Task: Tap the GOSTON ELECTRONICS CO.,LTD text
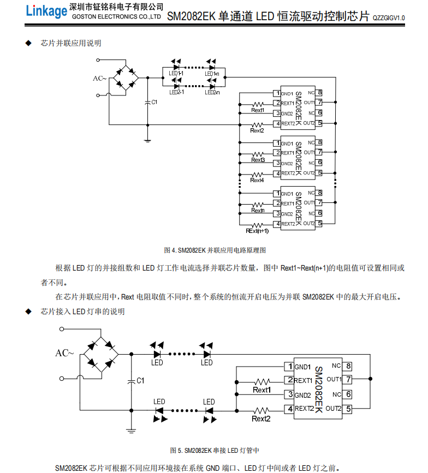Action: coord(116,17)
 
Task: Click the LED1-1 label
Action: coord(176,73)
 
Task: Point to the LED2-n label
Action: coord(212,92)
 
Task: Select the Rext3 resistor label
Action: coord(258,160)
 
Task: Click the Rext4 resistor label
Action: coord(257,180)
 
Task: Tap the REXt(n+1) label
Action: coord(257,231)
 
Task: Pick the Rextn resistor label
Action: coord(258,210)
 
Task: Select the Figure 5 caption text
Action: coord(215,450)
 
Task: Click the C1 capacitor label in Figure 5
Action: coord(140,380)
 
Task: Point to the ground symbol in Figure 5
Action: coord(131,429)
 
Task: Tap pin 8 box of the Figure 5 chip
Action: coord(348,366)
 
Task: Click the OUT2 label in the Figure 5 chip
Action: coord(334,408)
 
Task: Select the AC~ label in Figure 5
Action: coord(64,353)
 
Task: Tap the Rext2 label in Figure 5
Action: coord(261,418)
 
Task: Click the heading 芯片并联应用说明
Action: coord(71,43)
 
